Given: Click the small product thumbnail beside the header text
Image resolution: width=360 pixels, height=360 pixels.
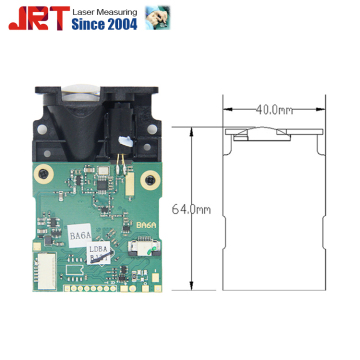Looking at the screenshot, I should pyautogui.click(x=157, y=17).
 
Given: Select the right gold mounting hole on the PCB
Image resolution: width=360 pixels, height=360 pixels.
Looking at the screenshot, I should pyautogui.click(x=149, y=181).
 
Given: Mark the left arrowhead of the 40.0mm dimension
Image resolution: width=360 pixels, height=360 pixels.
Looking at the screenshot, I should pyautogui.click(x=224, y=109).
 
